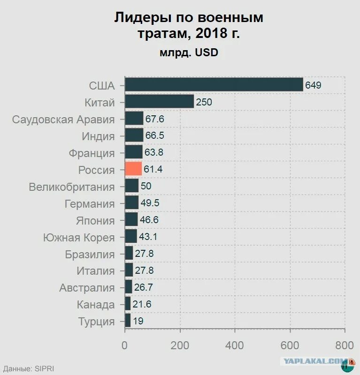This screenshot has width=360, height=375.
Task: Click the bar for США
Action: [x=214, y=85]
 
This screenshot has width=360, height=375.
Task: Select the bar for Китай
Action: [x=159, y=102]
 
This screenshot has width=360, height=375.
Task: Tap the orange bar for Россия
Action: [x=133, y=169]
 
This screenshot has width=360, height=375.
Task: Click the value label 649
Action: [x=313, y=85]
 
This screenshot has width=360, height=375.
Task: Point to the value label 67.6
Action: [x=154, y=119]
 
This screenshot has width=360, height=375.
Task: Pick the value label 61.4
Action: [x=153, y=169]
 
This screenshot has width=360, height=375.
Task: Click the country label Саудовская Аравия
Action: [x=63, y=119]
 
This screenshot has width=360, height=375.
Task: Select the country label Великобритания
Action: [x=71, y=187]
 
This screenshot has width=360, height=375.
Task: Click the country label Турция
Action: [x=96, y=322]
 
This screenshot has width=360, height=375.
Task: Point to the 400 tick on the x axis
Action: [x=235, y=345]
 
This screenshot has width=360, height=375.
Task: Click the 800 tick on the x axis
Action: [x=345, y=345]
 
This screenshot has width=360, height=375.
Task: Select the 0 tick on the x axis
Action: [x=125, y=345]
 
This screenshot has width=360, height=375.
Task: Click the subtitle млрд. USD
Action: [x=189, y=53]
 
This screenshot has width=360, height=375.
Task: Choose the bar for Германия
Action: [x=131, y=203]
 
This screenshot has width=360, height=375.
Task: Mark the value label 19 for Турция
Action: [x=138, y=322]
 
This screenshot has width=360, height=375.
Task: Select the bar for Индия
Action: [x=134, y=135]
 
